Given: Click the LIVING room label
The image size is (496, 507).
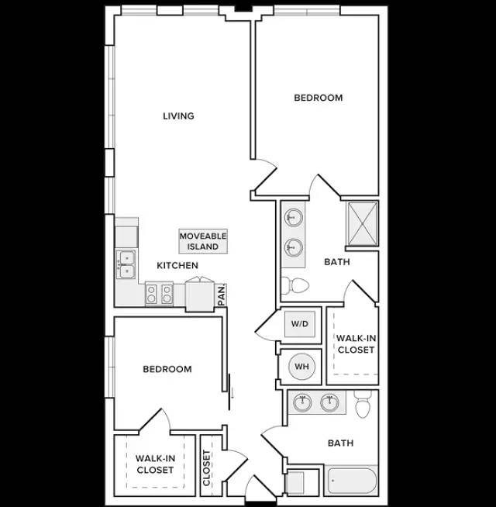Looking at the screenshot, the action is point(178,116).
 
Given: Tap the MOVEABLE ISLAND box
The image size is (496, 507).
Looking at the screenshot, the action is point(203,241).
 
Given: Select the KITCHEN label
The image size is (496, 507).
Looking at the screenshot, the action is point(177,265).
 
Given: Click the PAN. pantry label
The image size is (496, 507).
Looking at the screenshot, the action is point(222,295).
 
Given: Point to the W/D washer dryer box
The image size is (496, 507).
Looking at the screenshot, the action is point(300,324).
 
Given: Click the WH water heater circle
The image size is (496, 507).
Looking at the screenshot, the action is point(301,367).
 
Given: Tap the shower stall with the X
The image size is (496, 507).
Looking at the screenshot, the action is point(362,224).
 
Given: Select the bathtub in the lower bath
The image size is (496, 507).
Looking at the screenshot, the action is point(352,481).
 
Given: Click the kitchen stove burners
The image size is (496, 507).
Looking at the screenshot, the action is point(159,294).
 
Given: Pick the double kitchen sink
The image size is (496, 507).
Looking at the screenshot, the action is point(127,264).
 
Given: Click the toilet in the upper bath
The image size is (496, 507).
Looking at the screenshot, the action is point(295,285).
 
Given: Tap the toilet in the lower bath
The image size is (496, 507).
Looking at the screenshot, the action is point(363,404).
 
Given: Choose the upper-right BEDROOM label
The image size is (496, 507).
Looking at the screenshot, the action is point(319,98).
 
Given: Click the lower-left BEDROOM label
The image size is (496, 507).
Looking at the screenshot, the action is point(167,369).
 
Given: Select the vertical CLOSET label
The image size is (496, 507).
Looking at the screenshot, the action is point(207,467).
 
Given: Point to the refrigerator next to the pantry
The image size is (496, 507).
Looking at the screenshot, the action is point(200,296).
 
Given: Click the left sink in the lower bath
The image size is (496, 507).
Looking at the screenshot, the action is point(303,402).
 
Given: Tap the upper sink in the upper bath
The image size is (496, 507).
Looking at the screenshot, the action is point(294,216).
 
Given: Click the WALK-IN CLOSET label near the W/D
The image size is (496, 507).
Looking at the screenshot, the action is point(356,344).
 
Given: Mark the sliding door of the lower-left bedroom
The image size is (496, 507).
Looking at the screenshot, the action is point(229,392).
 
